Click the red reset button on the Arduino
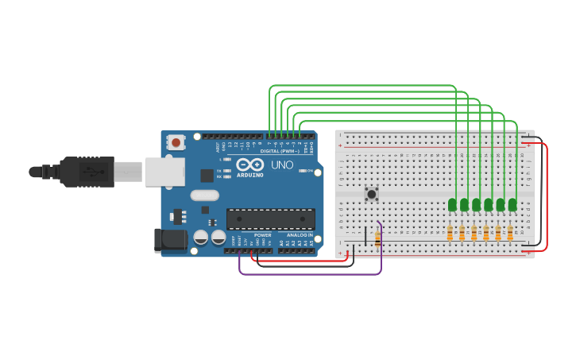pos(175,142)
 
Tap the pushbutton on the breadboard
pos(371,193)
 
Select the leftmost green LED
pos(452,204)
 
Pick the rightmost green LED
pos(512,204)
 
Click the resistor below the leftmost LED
pos(450,233)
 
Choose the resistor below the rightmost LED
pos(510,233)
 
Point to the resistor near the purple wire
pos(377,236)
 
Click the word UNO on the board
pos(282,165)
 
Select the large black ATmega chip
pos(270,219)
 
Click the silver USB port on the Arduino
pos(164,172)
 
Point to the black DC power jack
pos(170,240)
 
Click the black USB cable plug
pos(87,172)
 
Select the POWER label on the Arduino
pos(263,235)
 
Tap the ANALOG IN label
pos(300,235)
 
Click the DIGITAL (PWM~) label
pos(280,151)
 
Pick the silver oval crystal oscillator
pos(204,195)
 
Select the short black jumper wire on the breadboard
pos(365,236)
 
